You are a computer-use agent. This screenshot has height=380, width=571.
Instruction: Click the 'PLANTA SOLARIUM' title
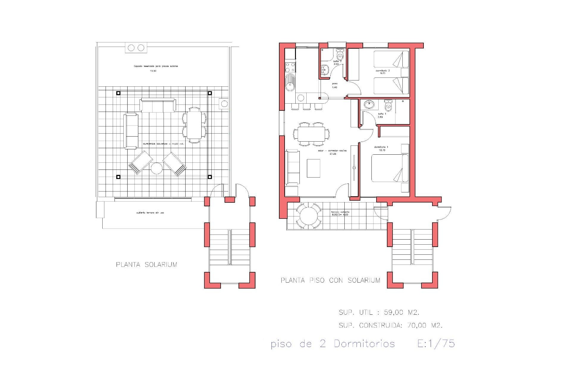146,265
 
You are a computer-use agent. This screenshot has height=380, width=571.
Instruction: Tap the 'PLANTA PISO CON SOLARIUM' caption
330,280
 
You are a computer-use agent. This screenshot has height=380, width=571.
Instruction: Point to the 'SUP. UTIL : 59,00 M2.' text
379,312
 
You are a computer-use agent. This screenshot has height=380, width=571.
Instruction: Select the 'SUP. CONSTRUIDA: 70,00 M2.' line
390,325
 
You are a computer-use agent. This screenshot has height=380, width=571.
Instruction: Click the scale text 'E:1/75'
436,343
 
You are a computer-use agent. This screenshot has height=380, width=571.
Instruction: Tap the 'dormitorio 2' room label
382,71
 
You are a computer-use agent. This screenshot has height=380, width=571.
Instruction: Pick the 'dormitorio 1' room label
381,147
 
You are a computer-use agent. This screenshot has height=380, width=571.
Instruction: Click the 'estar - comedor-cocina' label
332,151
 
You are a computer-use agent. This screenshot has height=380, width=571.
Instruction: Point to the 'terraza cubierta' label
340,212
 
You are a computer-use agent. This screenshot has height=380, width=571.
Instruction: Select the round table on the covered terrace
308,216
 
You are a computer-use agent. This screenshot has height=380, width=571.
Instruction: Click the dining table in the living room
311,134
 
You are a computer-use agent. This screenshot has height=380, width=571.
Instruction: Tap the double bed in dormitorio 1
390,168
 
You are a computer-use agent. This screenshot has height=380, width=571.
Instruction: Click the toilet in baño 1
388,106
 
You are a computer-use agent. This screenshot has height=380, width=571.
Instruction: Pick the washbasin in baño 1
369,104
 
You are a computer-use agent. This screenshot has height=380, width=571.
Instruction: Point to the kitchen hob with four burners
290,67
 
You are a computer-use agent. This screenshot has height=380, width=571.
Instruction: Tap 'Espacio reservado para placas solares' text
156,66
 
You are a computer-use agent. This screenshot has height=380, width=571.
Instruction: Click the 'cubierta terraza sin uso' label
150,213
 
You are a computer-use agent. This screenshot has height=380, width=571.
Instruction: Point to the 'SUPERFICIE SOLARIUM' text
163,144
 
